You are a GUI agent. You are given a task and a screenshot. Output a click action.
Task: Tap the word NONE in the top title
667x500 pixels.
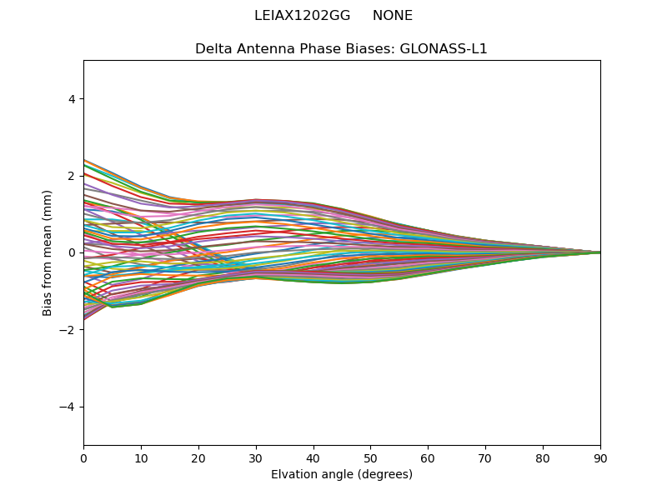coord(393,16)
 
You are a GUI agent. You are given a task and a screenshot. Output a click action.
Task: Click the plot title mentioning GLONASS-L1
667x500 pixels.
coord(341,49)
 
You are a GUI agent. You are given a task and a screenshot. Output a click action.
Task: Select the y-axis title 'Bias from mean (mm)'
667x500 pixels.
coord(48,252)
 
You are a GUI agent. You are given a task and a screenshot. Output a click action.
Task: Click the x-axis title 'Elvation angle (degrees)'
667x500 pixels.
coord(342,475)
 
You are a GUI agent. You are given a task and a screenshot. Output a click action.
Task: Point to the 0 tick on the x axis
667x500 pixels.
coord(83,457)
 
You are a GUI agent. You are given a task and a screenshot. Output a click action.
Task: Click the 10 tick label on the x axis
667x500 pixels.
coord(141,457)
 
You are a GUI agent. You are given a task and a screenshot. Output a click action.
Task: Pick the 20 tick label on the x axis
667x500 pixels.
coord(198,457)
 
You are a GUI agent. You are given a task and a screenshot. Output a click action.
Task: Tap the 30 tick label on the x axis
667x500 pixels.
coord(256,457)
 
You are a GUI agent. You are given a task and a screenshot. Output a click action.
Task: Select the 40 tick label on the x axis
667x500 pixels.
coord(313,457)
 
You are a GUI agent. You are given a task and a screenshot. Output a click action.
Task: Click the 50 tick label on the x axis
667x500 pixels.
coord(370,457)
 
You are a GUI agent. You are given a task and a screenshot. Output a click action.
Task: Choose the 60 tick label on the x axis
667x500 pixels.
coord(428,457)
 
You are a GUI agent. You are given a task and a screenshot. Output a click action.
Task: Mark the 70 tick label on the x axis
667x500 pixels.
coord(485,457)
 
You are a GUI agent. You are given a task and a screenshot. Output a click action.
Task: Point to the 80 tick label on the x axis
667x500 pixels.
coord(543,457)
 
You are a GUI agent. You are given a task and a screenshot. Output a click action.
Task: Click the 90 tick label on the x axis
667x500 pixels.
coord(600,457)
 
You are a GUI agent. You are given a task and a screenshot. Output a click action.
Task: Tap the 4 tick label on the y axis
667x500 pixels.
coord(72,99)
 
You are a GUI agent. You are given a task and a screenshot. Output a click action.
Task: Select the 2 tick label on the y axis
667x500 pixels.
coord(72,176)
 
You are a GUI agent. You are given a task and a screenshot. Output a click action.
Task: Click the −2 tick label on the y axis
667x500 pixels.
coord(68,330)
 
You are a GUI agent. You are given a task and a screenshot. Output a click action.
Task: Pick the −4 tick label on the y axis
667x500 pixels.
coord(68,407)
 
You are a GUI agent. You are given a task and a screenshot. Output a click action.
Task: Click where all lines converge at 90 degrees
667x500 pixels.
coord(599,252)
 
